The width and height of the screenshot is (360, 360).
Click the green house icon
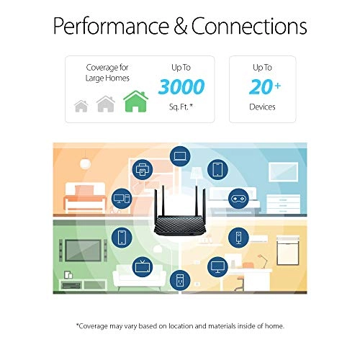point(135,102)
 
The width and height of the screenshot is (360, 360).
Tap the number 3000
point(181,86)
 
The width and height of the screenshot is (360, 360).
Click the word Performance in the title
point(116,26)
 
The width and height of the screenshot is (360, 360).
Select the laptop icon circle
point(179,155)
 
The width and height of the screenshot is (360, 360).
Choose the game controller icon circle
point(237,197)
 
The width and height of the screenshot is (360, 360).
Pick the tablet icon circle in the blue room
point(217,170)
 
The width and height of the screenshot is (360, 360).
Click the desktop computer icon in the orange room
point(122,197)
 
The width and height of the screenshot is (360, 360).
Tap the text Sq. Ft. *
point(181,107)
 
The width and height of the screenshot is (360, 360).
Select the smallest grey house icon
point(81,107)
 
